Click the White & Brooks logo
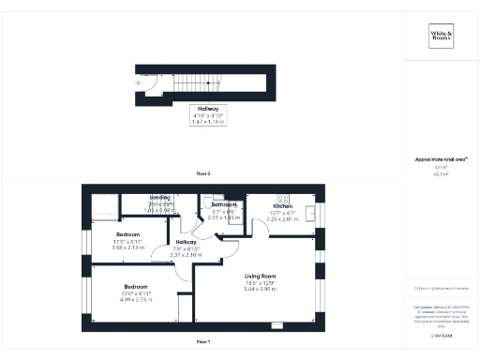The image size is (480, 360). click(442, 37)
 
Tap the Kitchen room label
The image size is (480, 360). click(283, 204)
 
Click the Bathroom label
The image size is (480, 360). click(223, 204)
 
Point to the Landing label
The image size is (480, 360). click(161, 198)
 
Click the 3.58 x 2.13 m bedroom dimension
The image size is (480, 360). click(128, 248)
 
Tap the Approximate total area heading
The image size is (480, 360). click(441, 159)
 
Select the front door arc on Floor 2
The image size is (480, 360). click(151, 90)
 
